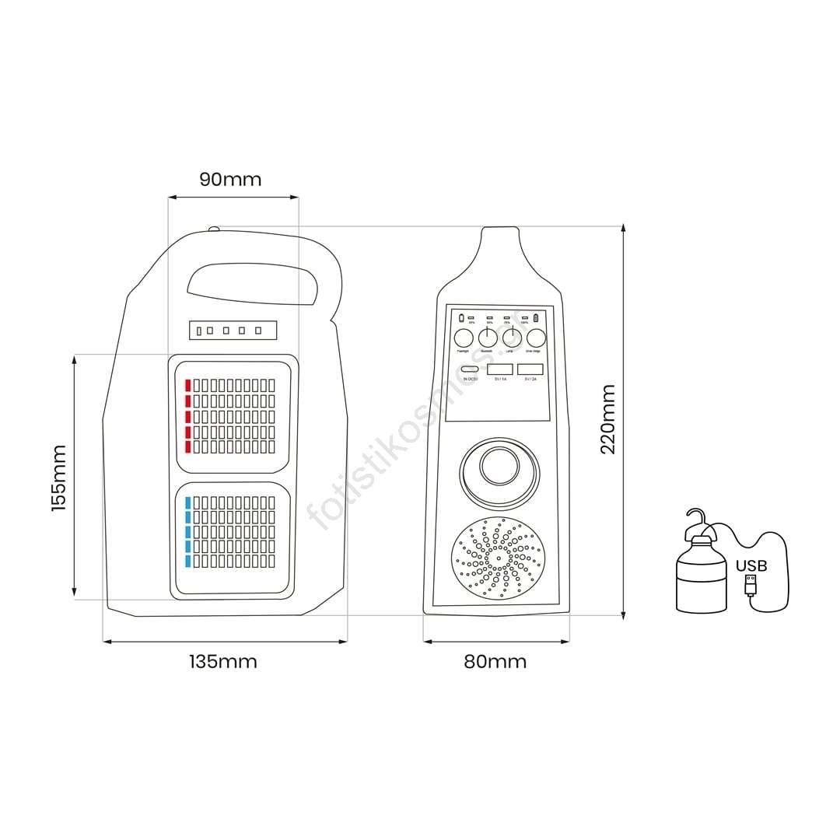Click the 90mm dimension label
(x=230, y=180)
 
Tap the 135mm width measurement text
(x=223, y=662)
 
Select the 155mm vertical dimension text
(x=59, y=478)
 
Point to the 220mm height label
(x=607, y=419)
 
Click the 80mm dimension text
(x=495, y=662)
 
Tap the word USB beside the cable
(x=751, y=566)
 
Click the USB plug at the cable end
(x=751, y=585)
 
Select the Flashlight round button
(x=464, y=338)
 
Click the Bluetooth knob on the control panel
(x=488, y=338)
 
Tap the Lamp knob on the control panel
(x=512, y=338)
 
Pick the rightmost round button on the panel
(x=536, y=338)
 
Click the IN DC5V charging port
(x=470, y=369)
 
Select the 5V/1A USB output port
(x=500, y=369)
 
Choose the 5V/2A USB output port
(x=530, y=369)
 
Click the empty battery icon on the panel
(x=461, y=317)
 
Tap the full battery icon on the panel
(x=536, y=317)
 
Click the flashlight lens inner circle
(x=499, y=466)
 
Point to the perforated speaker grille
(x=499, y=558)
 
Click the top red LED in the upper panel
(x=187, y=385)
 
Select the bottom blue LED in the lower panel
(x=187, y=561)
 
